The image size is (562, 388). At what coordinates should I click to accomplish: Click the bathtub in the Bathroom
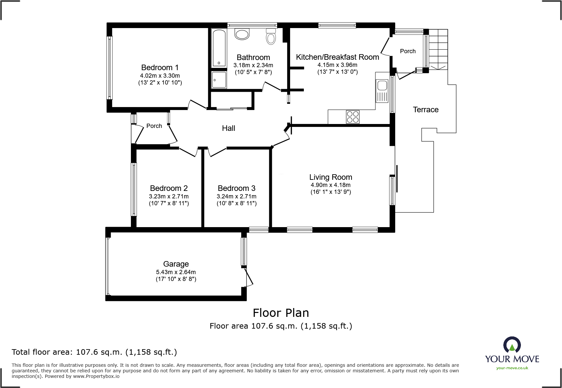(219, 48)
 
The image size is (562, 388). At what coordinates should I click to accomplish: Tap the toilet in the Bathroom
(271, 36)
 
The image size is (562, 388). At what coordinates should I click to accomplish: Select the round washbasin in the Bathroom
(242, 34)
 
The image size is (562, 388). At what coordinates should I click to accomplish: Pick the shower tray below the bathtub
(219, 80)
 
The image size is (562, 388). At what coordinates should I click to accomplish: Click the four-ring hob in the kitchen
(353, 117)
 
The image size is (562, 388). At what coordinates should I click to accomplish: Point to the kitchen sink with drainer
(382, 91)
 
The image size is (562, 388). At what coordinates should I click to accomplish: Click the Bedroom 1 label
(160, 68)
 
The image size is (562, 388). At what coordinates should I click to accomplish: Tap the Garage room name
(176, 264)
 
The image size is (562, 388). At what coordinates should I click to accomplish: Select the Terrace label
(426, 110)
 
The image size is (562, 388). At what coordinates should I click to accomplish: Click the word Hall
(228, 128)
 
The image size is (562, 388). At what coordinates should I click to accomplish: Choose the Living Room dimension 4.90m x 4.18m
(331, 185)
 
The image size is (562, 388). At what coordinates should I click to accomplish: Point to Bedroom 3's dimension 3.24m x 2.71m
(237, 196)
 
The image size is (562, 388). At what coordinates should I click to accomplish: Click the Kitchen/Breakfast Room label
(337, 57)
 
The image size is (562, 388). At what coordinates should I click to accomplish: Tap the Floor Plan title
(281, 313)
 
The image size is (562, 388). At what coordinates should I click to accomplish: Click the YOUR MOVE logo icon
(512, 345)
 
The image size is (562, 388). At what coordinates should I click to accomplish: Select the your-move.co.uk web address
(512, 368)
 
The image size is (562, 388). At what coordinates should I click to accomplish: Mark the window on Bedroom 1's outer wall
(110, 68)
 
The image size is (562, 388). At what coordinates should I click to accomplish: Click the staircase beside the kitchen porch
(438, 49)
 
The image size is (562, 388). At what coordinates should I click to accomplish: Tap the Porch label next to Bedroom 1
(154, 126)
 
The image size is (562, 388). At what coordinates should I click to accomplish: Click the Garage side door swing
(249, 277)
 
